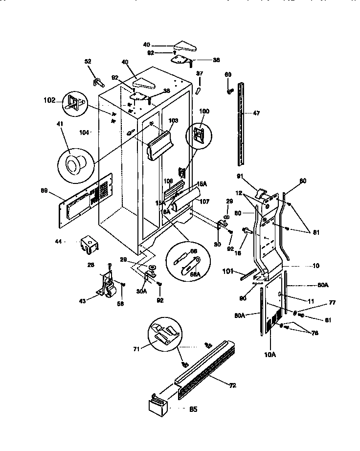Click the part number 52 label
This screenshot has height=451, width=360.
[x=88, y=62]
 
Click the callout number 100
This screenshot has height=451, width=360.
[x=204, y=112]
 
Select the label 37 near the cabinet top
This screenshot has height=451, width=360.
[x=199, y=73]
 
